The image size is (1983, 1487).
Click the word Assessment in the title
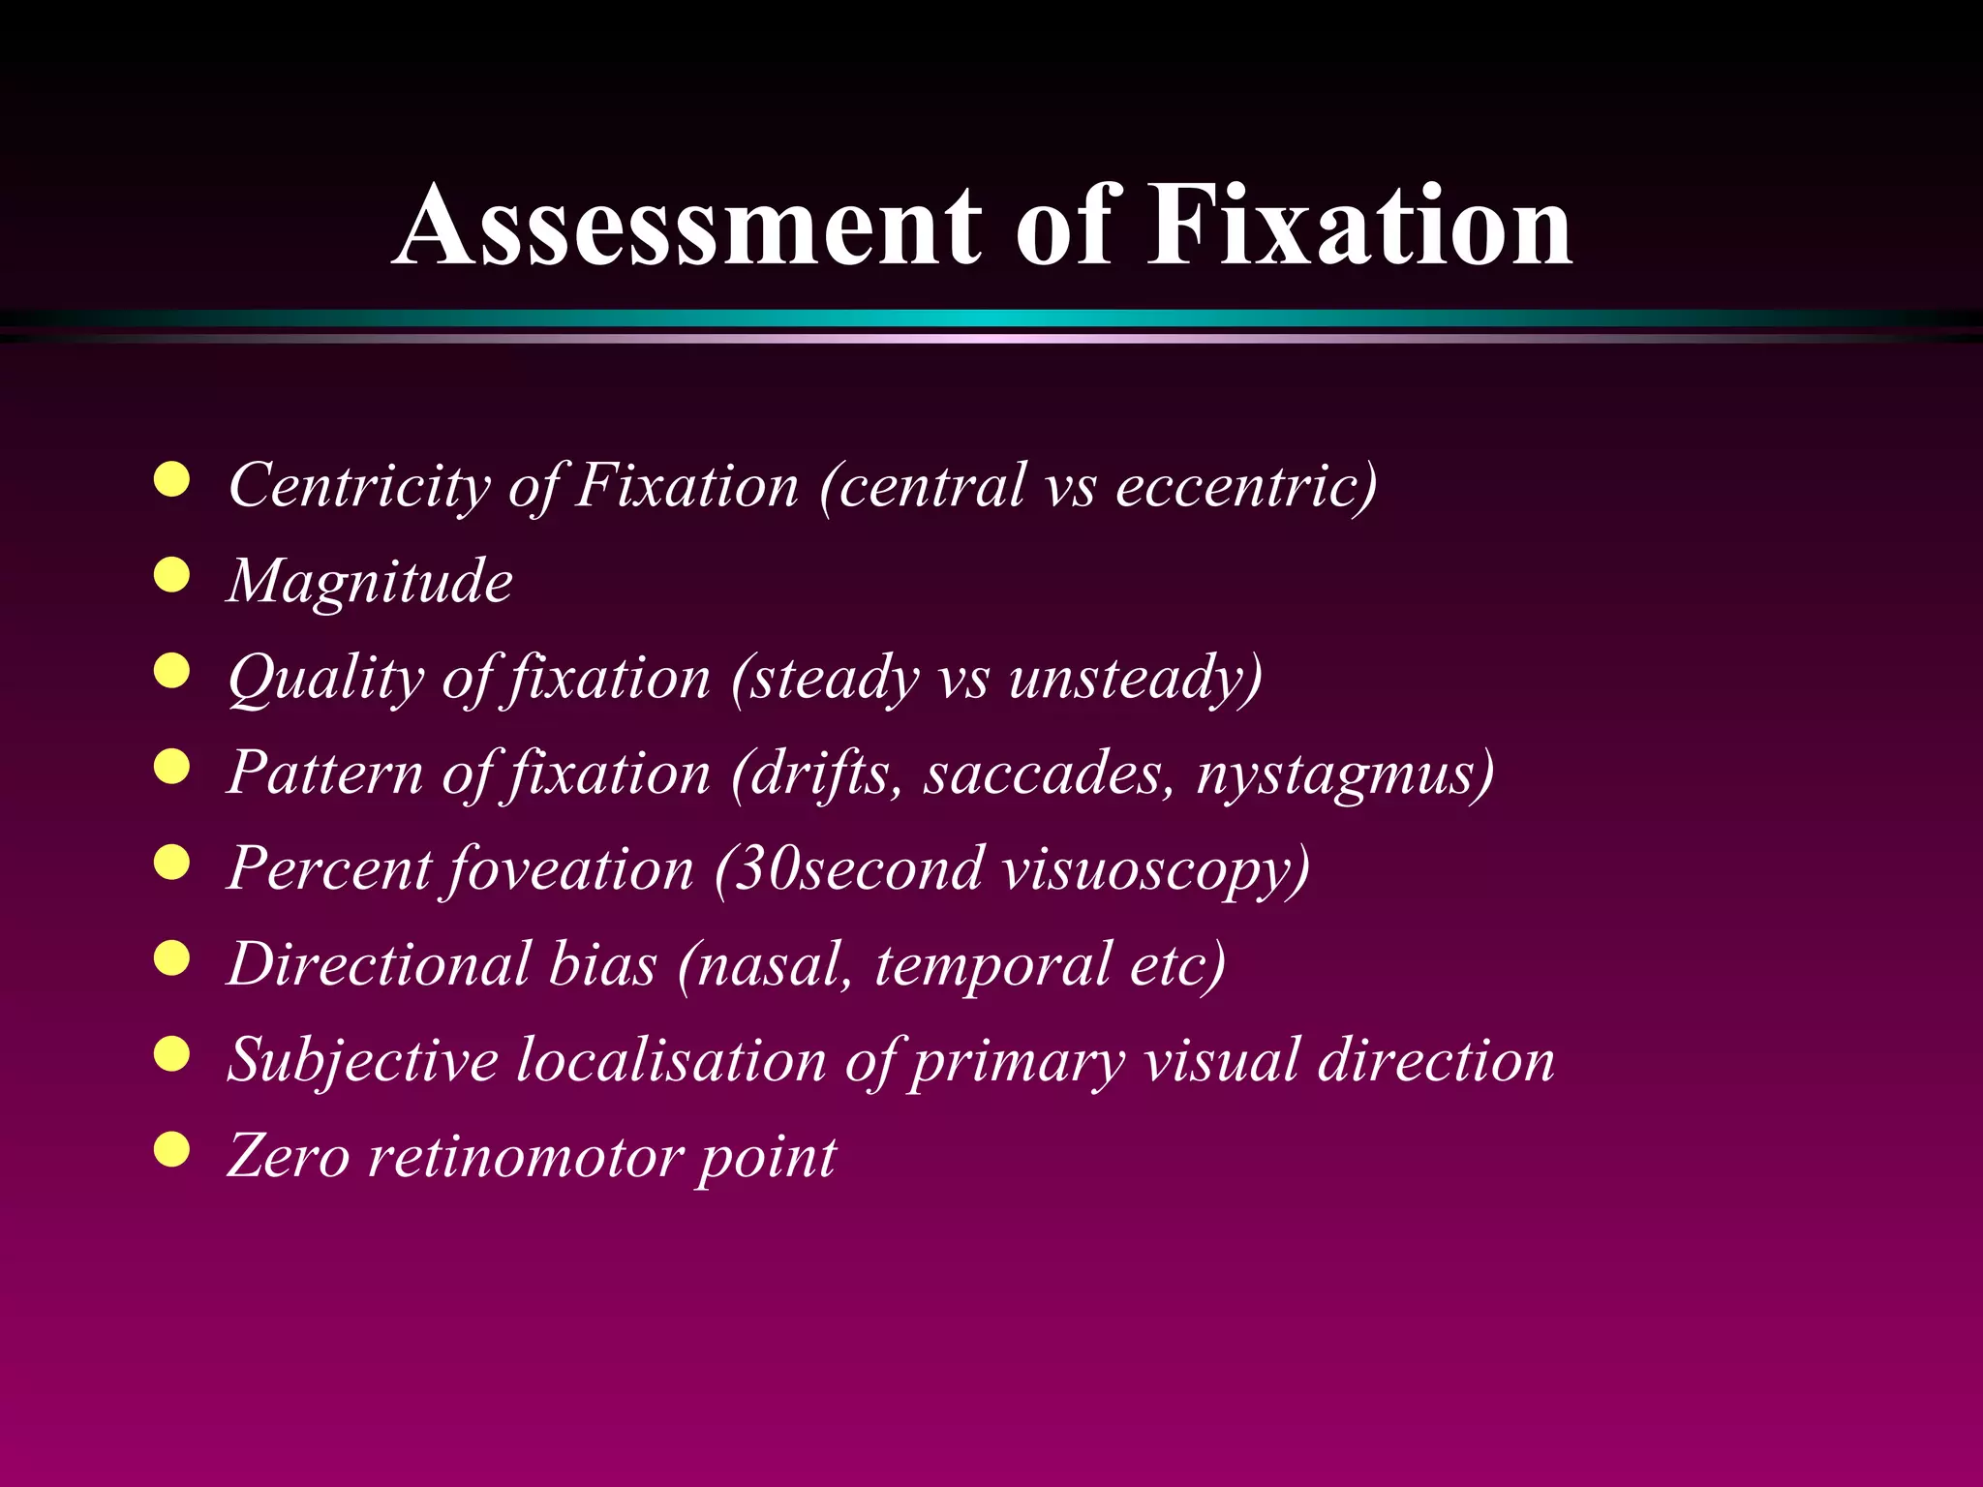tap(686, 226)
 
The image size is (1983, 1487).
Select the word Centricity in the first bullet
tap(359, 485)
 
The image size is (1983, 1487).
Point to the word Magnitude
tap(370, 581)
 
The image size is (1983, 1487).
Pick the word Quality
tap(325, 678)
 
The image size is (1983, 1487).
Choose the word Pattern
tap(324, 773)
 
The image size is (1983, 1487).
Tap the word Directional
tap(379, 964)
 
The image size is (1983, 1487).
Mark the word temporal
tap(992, 966)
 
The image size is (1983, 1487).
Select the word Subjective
tap(362, 1061)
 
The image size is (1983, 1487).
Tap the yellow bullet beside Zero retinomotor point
tap(171, 1150)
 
